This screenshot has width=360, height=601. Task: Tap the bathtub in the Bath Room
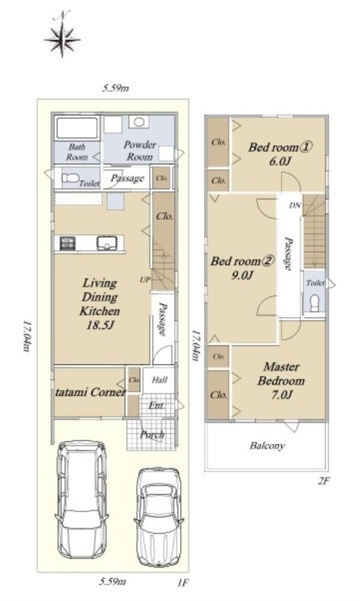(77, 128)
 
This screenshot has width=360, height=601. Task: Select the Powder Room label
(140, 151)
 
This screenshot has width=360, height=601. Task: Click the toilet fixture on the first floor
(70, 178)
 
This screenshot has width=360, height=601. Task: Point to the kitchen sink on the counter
(106, 243)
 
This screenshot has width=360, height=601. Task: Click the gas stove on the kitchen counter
(67, 243)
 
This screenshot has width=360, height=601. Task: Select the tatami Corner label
(91, 392)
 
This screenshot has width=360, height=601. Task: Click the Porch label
(152, 435)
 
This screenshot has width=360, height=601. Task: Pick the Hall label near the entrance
(160, 380)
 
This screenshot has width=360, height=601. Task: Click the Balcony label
(268, 445)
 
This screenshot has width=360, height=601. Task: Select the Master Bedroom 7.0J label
(281, 380)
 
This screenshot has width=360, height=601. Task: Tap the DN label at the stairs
(295, 205)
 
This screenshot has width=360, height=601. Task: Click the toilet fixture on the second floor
(315, 303)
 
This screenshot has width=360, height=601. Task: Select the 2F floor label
(323, 481)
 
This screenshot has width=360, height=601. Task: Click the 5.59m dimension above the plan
(115, 88)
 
